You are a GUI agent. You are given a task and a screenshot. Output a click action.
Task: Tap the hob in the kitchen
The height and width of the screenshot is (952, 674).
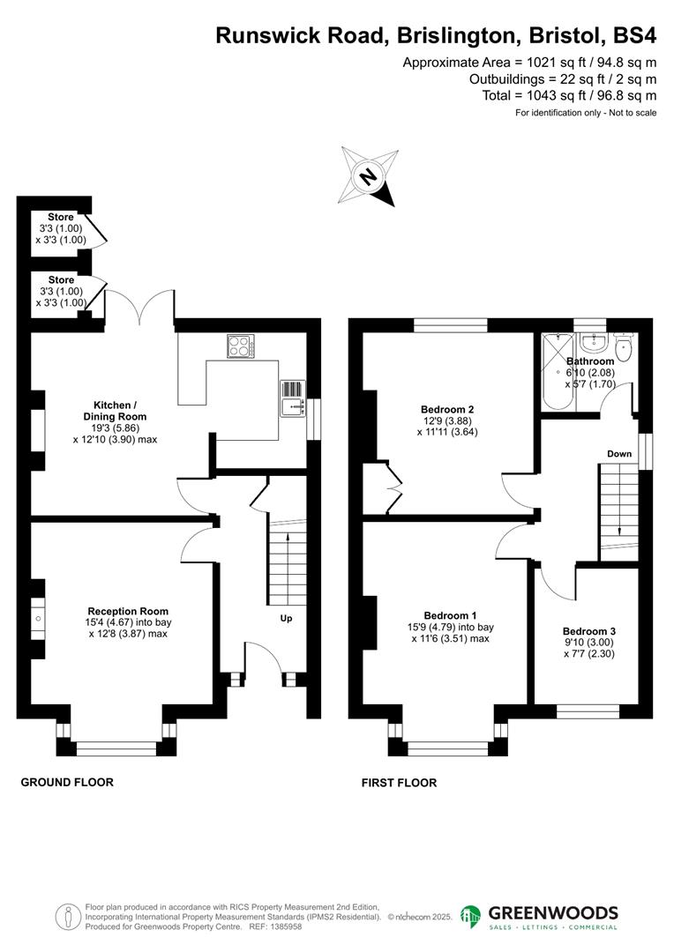point(240,346)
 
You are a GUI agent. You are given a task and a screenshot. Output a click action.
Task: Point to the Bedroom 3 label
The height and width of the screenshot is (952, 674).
point(588,631)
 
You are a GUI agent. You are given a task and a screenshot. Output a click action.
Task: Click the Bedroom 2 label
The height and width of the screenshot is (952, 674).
point(448,409)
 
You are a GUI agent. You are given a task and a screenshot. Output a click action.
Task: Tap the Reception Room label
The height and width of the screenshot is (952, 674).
point(128,611)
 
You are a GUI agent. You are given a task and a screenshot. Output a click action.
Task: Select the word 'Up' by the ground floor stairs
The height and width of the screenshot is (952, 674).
point(286,619)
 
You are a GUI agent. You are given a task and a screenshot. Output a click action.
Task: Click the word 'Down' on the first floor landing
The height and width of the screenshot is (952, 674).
point(618,454)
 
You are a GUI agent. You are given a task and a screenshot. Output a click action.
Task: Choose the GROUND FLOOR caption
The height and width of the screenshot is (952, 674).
point(67,782)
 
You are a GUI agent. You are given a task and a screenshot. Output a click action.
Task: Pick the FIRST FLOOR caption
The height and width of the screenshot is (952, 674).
point(400,783)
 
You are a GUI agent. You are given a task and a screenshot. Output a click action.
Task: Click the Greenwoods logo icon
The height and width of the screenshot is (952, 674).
point(471,917)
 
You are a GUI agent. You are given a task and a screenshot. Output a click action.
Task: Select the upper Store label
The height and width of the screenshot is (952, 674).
point(61,217)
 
